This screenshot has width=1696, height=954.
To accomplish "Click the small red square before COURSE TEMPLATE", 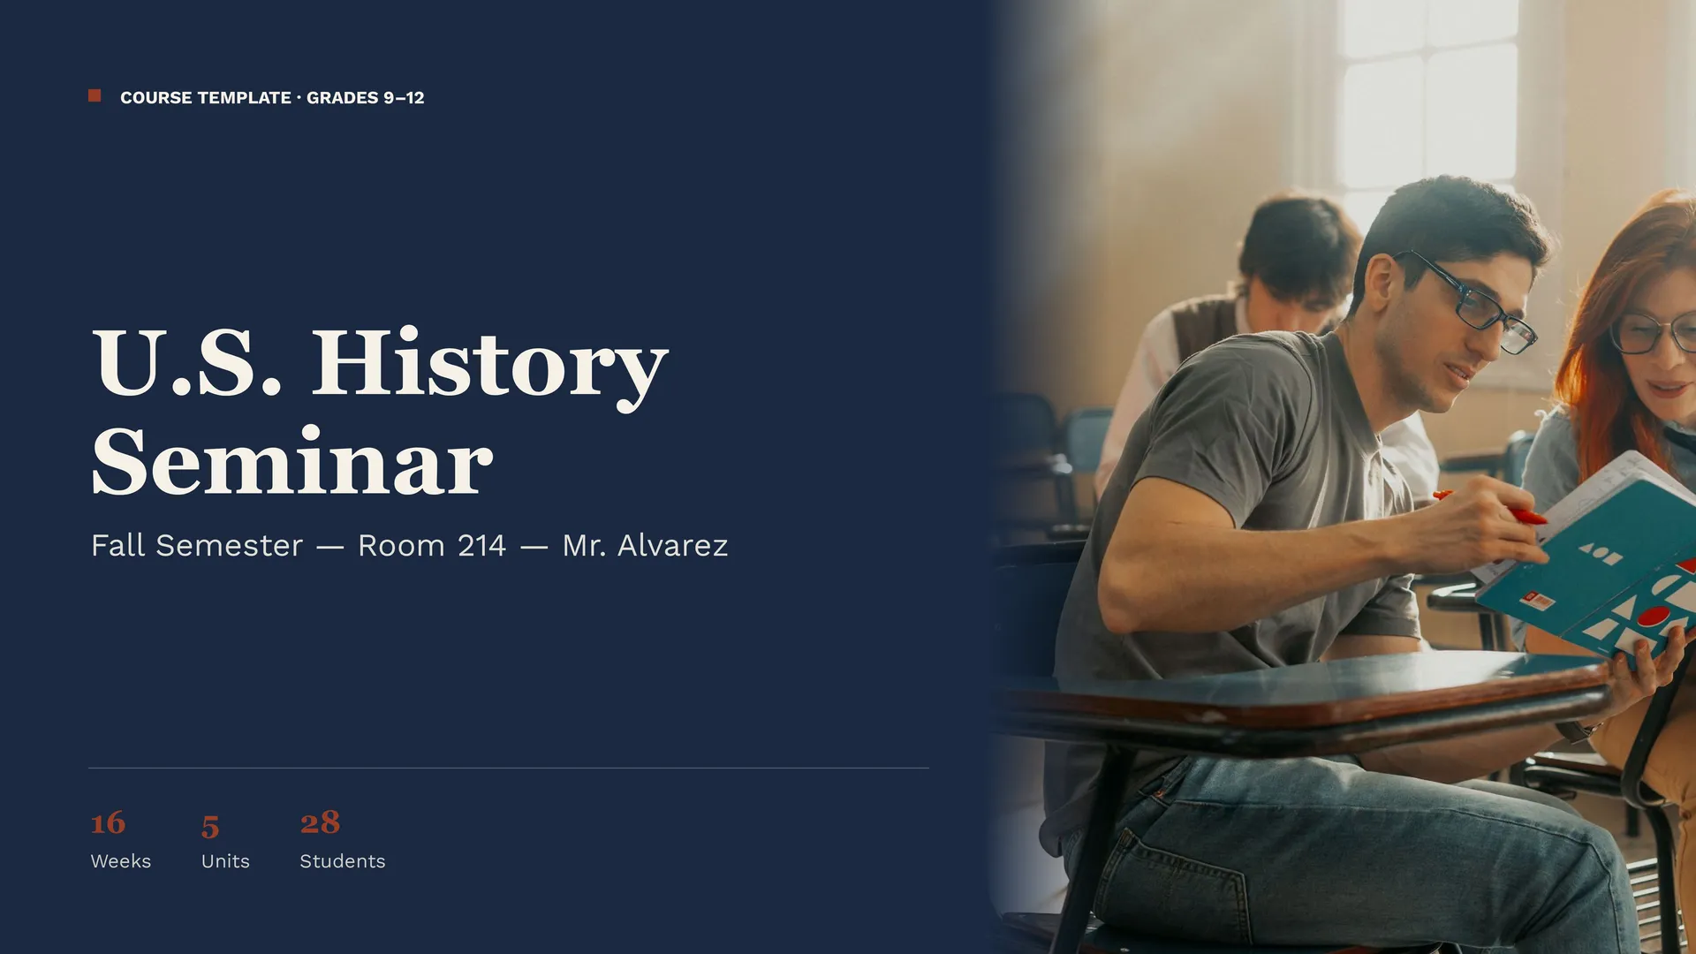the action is (95, 95).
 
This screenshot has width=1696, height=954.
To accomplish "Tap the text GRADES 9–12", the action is (365, 98).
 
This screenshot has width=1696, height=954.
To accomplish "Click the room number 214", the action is (481, 546).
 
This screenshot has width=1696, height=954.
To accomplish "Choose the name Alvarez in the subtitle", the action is (672, 546).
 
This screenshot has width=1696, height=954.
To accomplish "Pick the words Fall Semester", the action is (197, 546).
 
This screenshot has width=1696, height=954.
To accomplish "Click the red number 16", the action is (108, 823).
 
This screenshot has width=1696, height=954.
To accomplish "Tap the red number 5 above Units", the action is (210, 827).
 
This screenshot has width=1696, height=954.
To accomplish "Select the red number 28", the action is (320, 822).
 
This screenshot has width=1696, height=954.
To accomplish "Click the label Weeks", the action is (121, 861).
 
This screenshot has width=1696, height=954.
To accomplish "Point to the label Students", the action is (343, 861).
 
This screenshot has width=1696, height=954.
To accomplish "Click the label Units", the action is (225, 861).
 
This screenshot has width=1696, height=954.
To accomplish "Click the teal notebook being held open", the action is (1590, 556).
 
